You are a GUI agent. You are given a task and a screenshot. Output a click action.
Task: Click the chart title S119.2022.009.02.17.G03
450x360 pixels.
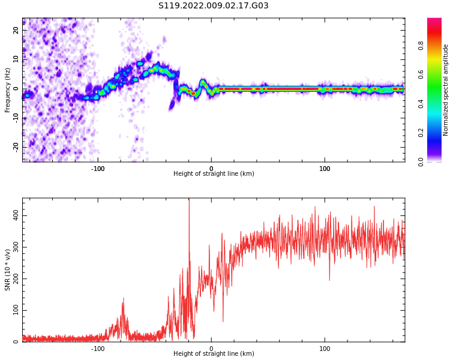(214, 6)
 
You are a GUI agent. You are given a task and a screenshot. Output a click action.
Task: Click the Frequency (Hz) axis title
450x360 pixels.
(8, 89)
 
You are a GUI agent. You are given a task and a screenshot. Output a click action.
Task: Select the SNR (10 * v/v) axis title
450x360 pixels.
(8, 270)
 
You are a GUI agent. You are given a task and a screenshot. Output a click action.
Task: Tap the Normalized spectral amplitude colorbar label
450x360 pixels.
(446, 89)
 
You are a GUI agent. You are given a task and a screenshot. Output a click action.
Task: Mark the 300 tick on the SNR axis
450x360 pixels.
(14, 247)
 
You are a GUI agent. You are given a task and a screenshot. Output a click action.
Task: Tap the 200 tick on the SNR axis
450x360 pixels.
(14, 278)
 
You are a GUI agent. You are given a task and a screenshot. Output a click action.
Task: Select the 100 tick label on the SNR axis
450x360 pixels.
(14, 310)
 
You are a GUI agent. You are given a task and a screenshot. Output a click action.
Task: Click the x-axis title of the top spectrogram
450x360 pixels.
(214, 174)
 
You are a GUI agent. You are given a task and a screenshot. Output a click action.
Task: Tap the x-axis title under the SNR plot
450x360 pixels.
(214, 354)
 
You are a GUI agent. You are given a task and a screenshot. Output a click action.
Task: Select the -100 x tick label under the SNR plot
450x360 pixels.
(98, 349)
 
